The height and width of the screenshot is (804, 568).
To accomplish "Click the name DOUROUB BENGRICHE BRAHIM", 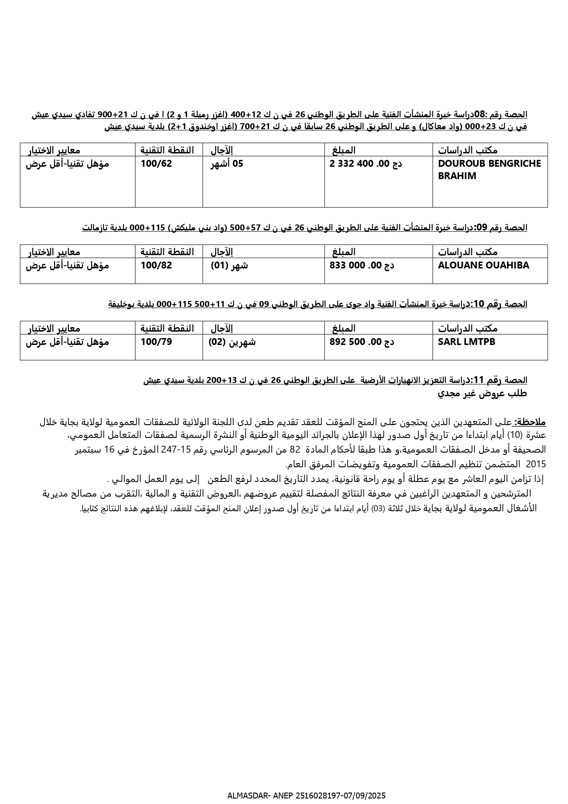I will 489,170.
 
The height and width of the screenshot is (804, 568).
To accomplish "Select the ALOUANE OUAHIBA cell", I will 483,265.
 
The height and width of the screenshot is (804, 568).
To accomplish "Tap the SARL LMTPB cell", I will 466,342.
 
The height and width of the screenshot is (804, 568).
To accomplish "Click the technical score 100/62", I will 157,164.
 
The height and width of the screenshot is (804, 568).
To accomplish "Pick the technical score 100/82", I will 157,265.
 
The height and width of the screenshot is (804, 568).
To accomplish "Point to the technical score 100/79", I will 157,342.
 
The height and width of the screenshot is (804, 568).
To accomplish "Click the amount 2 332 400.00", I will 366,164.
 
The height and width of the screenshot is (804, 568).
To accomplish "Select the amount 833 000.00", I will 362,265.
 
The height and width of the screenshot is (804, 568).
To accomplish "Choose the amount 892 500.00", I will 362,342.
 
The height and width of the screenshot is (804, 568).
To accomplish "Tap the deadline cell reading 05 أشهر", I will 227,164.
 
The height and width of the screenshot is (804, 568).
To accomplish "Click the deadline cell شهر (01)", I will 229,265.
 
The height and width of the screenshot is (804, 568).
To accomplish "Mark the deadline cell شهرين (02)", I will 232,342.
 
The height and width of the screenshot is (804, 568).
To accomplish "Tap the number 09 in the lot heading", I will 481,227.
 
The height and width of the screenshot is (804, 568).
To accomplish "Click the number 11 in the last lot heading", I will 478,380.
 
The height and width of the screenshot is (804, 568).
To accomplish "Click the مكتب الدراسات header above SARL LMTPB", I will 468,328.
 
